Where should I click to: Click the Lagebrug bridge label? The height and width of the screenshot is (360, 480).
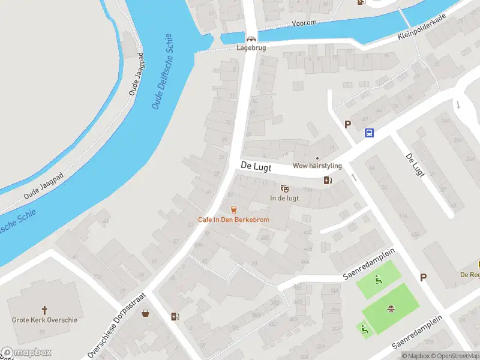[251, 47]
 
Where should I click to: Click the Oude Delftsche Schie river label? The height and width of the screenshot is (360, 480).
[167, 71]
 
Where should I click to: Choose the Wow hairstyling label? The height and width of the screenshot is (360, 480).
[317, 166]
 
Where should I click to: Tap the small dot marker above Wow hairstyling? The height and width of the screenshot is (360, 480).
[317, 158]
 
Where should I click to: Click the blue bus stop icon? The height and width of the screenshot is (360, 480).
[369, 133]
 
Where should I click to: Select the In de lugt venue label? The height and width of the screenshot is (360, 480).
[284, 198]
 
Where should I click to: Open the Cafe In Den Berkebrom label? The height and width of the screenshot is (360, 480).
[233, 220]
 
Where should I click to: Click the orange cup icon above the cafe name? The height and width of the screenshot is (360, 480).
[233, 209]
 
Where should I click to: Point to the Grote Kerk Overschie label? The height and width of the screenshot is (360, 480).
[44, 320]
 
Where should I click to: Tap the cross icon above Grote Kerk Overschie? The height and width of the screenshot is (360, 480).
[44, 310]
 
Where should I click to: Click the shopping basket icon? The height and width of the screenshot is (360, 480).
[145, 313]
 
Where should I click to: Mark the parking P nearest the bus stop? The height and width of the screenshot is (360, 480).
[347, 124]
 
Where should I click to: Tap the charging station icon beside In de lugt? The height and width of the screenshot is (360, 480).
[327, 180]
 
